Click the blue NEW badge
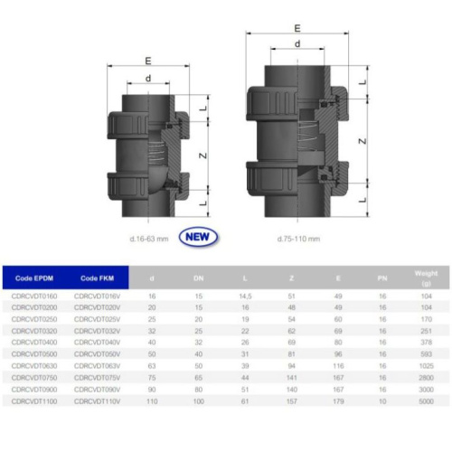pos(200,238)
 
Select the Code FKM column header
pos(95,278)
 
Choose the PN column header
pos(382,278)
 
